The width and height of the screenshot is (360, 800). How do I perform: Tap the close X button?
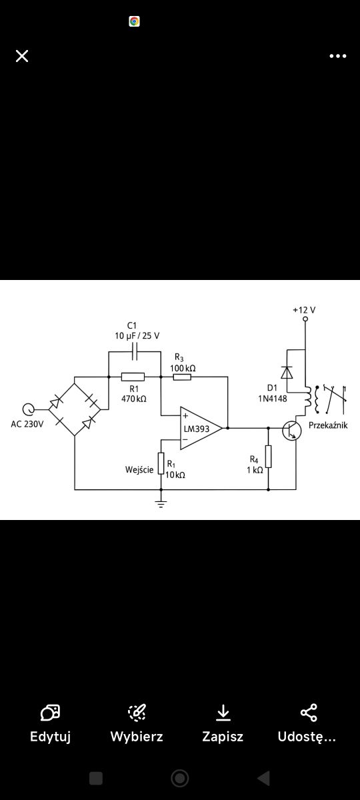click(22, 56)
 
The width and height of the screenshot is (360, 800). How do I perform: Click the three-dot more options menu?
click(338, 56)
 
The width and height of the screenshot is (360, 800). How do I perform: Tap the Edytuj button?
click(51, 723)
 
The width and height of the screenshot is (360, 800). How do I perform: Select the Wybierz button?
click(137, 723)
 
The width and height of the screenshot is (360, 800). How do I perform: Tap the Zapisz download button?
click(223, 723)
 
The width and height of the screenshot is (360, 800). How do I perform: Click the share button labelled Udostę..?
click(307, 723)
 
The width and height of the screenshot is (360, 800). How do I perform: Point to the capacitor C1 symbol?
click(135, 351)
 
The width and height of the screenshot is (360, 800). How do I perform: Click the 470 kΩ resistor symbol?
click(133, 377)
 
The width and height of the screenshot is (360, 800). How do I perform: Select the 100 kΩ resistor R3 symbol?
click(182, 377)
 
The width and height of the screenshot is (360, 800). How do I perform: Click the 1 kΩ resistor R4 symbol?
click(268, 457)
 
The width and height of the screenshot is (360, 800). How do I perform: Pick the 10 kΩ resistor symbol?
click(161, 463)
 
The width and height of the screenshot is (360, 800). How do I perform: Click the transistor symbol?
click(291, 431)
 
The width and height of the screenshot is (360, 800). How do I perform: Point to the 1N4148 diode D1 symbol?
click(287, 373)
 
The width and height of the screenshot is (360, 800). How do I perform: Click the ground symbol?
click(161, 503)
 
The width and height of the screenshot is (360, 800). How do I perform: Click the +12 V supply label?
click(304, 310)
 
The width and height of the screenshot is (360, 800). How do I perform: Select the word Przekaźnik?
click(328, 425)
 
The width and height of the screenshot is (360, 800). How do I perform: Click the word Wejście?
click(139, 469)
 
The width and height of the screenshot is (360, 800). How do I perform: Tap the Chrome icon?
click(134, 21)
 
